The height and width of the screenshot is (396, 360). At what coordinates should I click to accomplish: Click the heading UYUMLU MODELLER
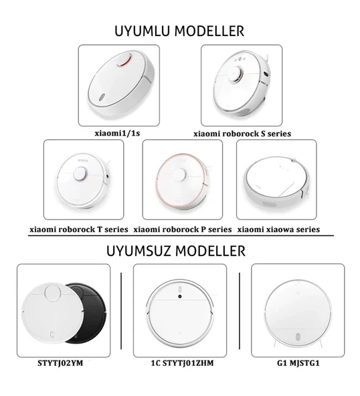(x=179, y=31)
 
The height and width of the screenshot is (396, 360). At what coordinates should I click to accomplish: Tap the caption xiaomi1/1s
(x=118, y=133)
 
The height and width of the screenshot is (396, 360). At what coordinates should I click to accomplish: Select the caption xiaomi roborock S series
(x=242, y=134)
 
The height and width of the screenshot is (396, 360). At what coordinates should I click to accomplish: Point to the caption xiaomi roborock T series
(x=79, y=229)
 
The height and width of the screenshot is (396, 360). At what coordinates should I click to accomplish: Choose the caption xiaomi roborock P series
(x=183, y=229)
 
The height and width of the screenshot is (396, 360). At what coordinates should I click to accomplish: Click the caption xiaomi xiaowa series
(x=278, y=229)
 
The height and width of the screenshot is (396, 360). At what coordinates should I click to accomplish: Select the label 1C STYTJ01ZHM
(x=181, y=365)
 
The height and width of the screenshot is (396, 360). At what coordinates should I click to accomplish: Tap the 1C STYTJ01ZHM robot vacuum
(x=180, y=311)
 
